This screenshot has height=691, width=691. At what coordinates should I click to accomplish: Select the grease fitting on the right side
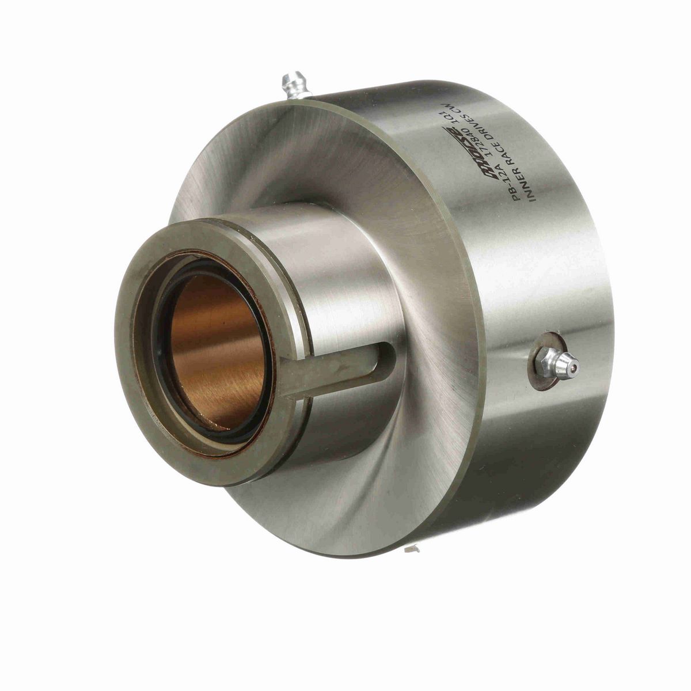pos(556,364)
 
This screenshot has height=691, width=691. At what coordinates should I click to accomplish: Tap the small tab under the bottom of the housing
pos(412,549)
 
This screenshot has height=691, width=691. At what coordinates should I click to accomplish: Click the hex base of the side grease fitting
pos(545,364)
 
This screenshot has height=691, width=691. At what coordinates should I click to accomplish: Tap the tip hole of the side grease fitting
pos(575,364)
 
